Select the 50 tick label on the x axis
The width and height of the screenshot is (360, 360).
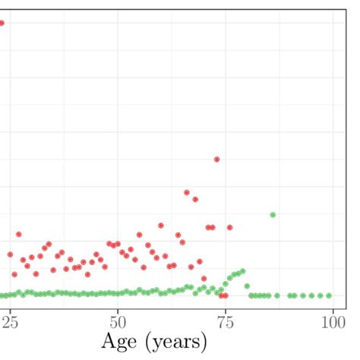118,321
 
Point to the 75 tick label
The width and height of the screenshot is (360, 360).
226,321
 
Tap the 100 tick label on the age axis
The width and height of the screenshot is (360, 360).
333,321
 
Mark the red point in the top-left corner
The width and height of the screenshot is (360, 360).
2,23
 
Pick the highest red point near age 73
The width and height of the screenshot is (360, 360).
216,159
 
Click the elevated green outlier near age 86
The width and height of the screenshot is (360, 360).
273,215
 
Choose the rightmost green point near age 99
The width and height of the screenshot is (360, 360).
329,295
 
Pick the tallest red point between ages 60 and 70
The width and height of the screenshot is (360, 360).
187,193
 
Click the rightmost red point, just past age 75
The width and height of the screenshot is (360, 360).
229,227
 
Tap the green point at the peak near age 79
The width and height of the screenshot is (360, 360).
242,270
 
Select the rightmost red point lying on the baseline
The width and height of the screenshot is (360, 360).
225,295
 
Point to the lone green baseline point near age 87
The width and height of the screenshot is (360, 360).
277,295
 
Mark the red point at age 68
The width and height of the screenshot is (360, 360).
195,200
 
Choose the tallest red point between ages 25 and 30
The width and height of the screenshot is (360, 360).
18,235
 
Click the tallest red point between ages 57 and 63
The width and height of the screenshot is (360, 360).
160,226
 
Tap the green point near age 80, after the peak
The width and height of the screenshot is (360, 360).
247,286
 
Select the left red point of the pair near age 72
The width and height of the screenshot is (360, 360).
208,227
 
